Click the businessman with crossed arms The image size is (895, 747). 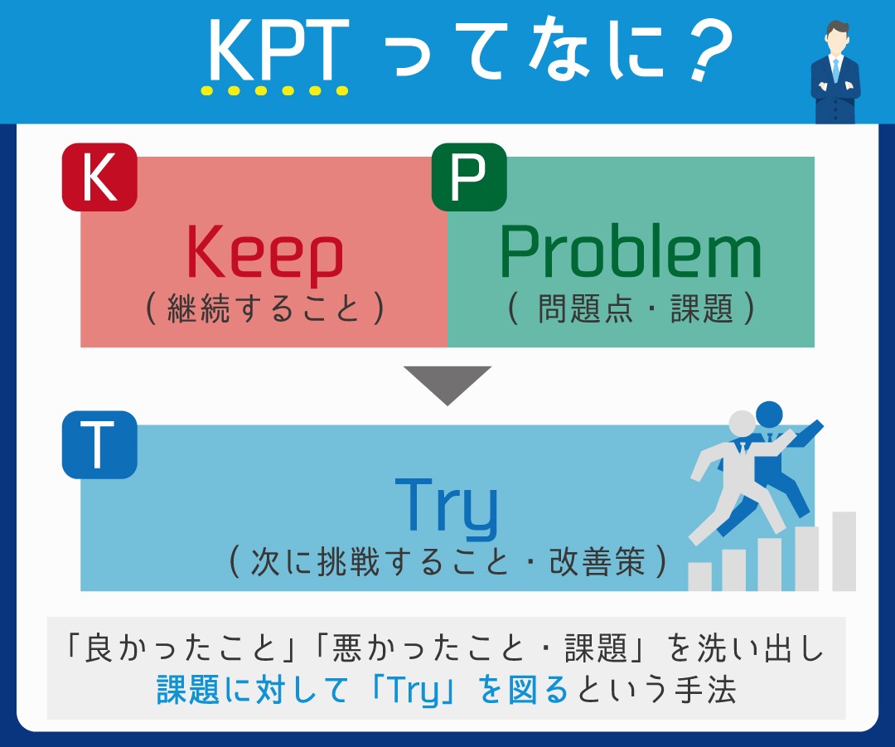tap(835, 75)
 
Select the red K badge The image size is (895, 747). tap(99, 177)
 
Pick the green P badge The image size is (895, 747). tap(469, 177)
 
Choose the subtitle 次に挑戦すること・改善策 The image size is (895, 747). tap(447, 563)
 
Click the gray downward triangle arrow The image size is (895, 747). tap(447, 384)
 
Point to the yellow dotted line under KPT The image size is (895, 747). tap(274, 90)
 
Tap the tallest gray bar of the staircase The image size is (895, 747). tap(844, 551)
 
